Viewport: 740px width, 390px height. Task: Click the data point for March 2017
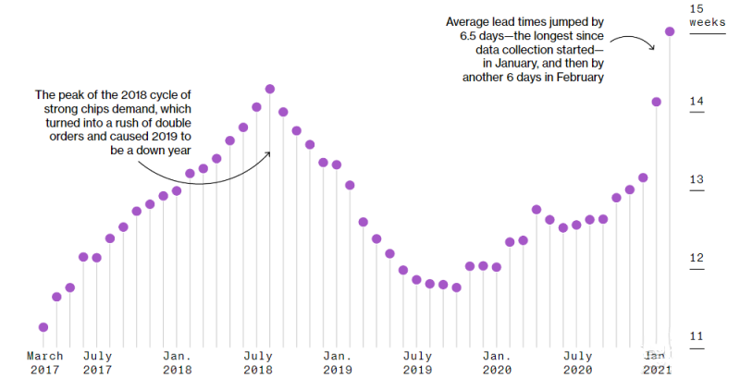pos(43,327)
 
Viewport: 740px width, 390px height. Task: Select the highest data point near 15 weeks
pos(670,31)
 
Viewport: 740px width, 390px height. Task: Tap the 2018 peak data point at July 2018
pos(270,89)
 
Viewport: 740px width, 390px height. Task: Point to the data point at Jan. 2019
pos(337,165)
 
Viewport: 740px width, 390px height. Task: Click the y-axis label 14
pos(697,102)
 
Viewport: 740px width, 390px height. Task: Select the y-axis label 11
pos(697,336)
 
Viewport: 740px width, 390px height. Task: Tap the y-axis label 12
pos(697,258)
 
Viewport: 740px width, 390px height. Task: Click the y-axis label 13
pos(697,179)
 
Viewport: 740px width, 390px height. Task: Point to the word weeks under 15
pos(707,22)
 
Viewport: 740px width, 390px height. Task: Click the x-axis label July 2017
pos(98,362)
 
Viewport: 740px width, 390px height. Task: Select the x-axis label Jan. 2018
pos(178,362)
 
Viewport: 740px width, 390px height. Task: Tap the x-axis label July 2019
pos(418,362)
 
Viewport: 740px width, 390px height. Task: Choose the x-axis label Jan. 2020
pos(497,362)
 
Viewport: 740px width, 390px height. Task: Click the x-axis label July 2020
pos(577,362)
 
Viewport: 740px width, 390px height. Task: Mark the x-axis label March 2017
pos(44,362)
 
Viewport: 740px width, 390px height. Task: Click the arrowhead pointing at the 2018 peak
pos(267,153)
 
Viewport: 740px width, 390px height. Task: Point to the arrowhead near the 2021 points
pos(652,46)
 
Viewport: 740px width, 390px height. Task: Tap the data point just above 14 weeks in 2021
pos(657,102)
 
